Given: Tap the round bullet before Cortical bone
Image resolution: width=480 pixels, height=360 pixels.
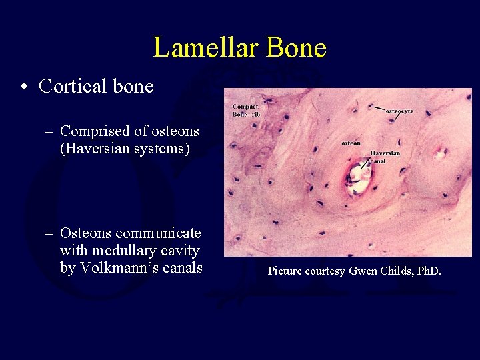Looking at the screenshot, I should pyautogui.click(x=25, y=87).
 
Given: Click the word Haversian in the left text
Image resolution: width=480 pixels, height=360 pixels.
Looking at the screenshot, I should pyautogui.click(x=94, y=148).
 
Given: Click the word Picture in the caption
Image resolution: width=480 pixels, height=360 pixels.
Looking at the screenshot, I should pyautogui.click(x=286, y=271).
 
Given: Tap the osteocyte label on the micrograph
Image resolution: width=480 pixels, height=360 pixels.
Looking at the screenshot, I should pyautogui.click(x=399, y=111).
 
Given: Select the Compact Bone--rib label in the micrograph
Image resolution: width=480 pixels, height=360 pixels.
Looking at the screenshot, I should pyautogui.click(x=245, y=110).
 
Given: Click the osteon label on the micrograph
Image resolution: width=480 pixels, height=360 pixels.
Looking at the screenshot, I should pyautogui.click(x=351, y=143).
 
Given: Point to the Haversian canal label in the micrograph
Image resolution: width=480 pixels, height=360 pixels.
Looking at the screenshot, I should pyautogui.click(x=385, y=157).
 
